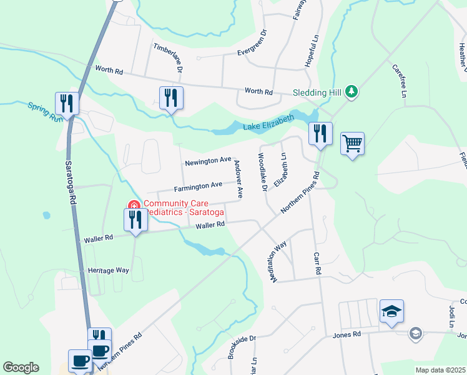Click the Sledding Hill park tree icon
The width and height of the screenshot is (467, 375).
[351, 92]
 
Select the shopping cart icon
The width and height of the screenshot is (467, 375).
[352, 144]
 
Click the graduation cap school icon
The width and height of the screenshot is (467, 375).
[391, 311]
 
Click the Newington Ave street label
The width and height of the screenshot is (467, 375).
[208, 162]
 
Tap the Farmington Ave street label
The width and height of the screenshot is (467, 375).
[199, 186]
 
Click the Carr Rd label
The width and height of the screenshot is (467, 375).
[317, 264]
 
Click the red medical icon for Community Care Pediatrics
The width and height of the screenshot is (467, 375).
[133, 205]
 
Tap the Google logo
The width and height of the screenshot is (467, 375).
[21, 367]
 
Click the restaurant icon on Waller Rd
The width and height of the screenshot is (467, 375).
[135, 219]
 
